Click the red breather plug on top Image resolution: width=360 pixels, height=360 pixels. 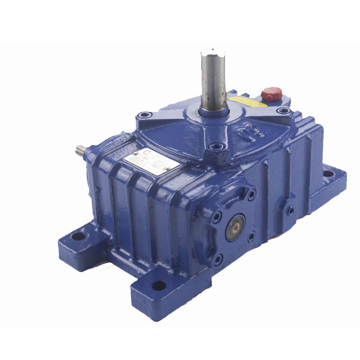(x=271, y=94)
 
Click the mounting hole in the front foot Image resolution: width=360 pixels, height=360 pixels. (x=159, y=285)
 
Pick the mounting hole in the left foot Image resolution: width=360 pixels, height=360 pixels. (x=78, y=235)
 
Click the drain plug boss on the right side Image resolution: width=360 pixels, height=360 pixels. (x=291, y=209)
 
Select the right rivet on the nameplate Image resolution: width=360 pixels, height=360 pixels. (x=167, y=169)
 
